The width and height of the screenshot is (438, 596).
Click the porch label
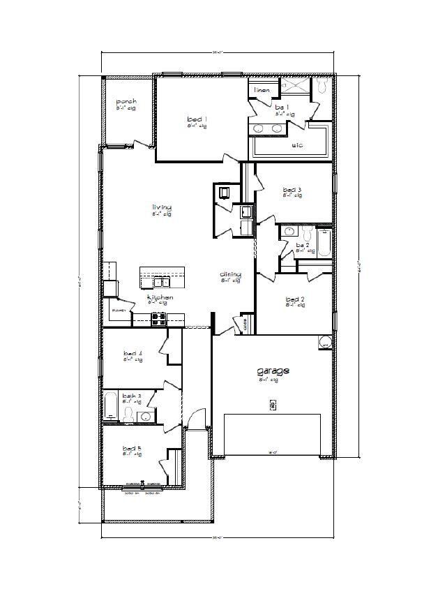point(126,102)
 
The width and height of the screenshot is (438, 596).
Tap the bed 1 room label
point(197,119)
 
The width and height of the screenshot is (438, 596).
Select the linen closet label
point(262,90)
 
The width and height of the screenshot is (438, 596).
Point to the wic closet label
point(296,146)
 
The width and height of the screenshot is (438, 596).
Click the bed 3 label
point(292,190)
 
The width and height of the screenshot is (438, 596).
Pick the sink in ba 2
point(288,230)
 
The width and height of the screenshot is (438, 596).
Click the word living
point(162,207)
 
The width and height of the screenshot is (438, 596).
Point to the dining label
point(230,275)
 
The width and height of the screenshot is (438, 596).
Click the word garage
point(272,372)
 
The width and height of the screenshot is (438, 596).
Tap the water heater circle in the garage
point(324,343)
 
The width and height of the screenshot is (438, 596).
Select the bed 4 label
point(133,355)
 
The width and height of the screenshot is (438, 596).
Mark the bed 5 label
point(133,448)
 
